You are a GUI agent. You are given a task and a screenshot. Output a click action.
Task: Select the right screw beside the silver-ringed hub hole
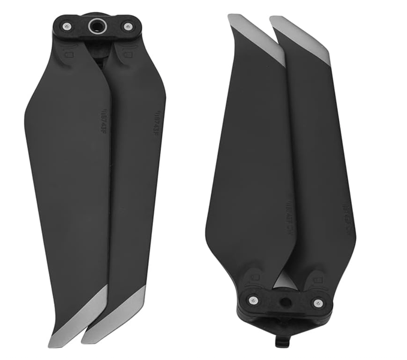(127, 26)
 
